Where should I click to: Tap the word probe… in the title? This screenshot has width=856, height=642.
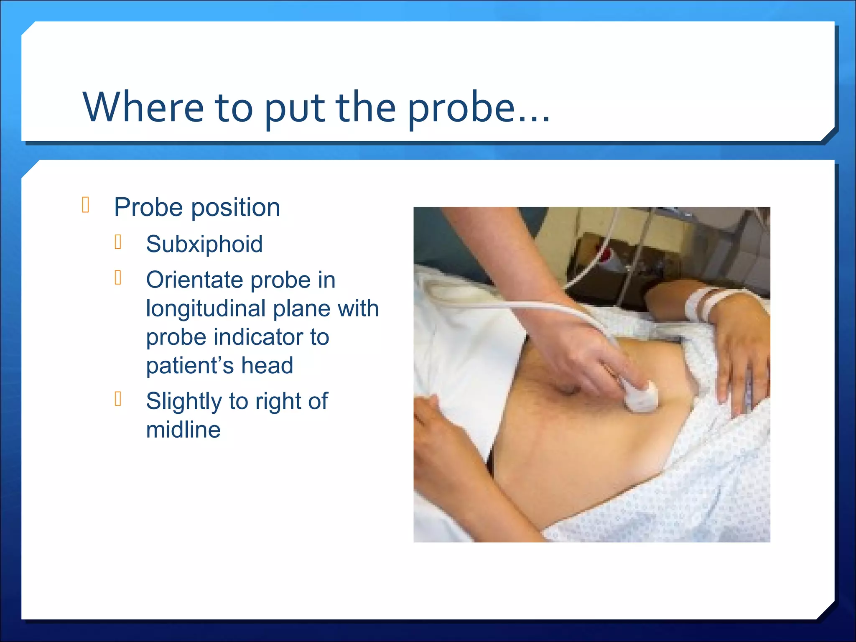[x=478, y=107]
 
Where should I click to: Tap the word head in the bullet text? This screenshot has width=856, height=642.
[x=267, y=365]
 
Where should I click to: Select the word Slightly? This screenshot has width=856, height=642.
[x=184, y=402]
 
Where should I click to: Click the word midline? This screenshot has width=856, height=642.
[x=183, y=430]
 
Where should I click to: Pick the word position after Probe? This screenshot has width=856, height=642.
[x=235, y=207]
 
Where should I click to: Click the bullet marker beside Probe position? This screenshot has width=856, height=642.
[x=86, y=205]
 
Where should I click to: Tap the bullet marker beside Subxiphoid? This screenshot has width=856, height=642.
[x=118, y=242]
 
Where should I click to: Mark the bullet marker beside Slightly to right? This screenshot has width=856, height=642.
[x=118, y=399]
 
